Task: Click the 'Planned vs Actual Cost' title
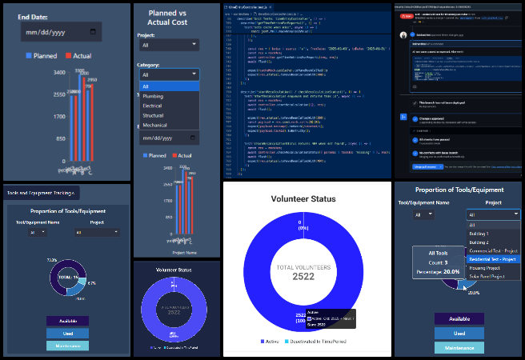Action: (168, 18)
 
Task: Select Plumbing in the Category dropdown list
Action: (152, 96)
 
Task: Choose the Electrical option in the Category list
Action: (152, 106)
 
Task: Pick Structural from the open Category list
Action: (153, 115)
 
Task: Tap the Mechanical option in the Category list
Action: (154, 125)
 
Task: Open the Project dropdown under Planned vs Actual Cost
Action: (168, 46)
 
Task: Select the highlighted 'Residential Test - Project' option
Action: (493, 259)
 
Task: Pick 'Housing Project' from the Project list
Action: (485, 268)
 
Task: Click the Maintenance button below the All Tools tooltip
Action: (459, 347)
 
